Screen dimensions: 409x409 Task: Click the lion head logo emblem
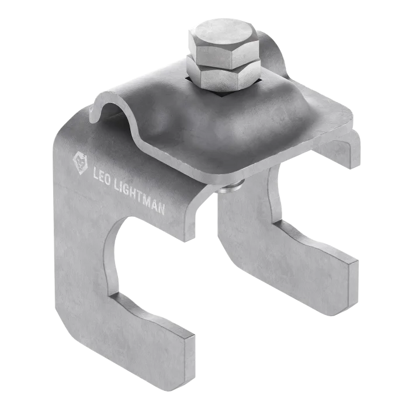click(x=80, y=164)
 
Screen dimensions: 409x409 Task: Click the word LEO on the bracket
click(x=102, y=178)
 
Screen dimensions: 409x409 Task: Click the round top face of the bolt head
click(x=224, y=32)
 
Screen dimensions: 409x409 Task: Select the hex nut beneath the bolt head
click(x=224, y=74)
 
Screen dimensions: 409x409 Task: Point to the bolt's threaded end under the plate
click(x=231, y=187)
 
